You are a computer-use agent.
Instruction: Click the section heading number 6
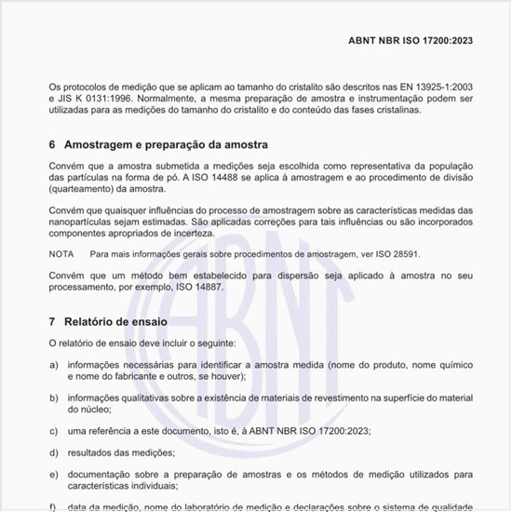click(52, 145)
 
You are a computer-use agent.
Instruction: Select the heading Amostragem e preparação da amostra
click(166, 145)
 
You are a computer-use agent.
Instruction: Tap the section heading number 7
click(52, 321)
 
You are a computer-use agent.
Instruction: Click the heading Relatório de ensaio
click(115, 321)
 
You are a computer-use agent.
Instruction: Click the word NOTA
click(61, 253)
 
